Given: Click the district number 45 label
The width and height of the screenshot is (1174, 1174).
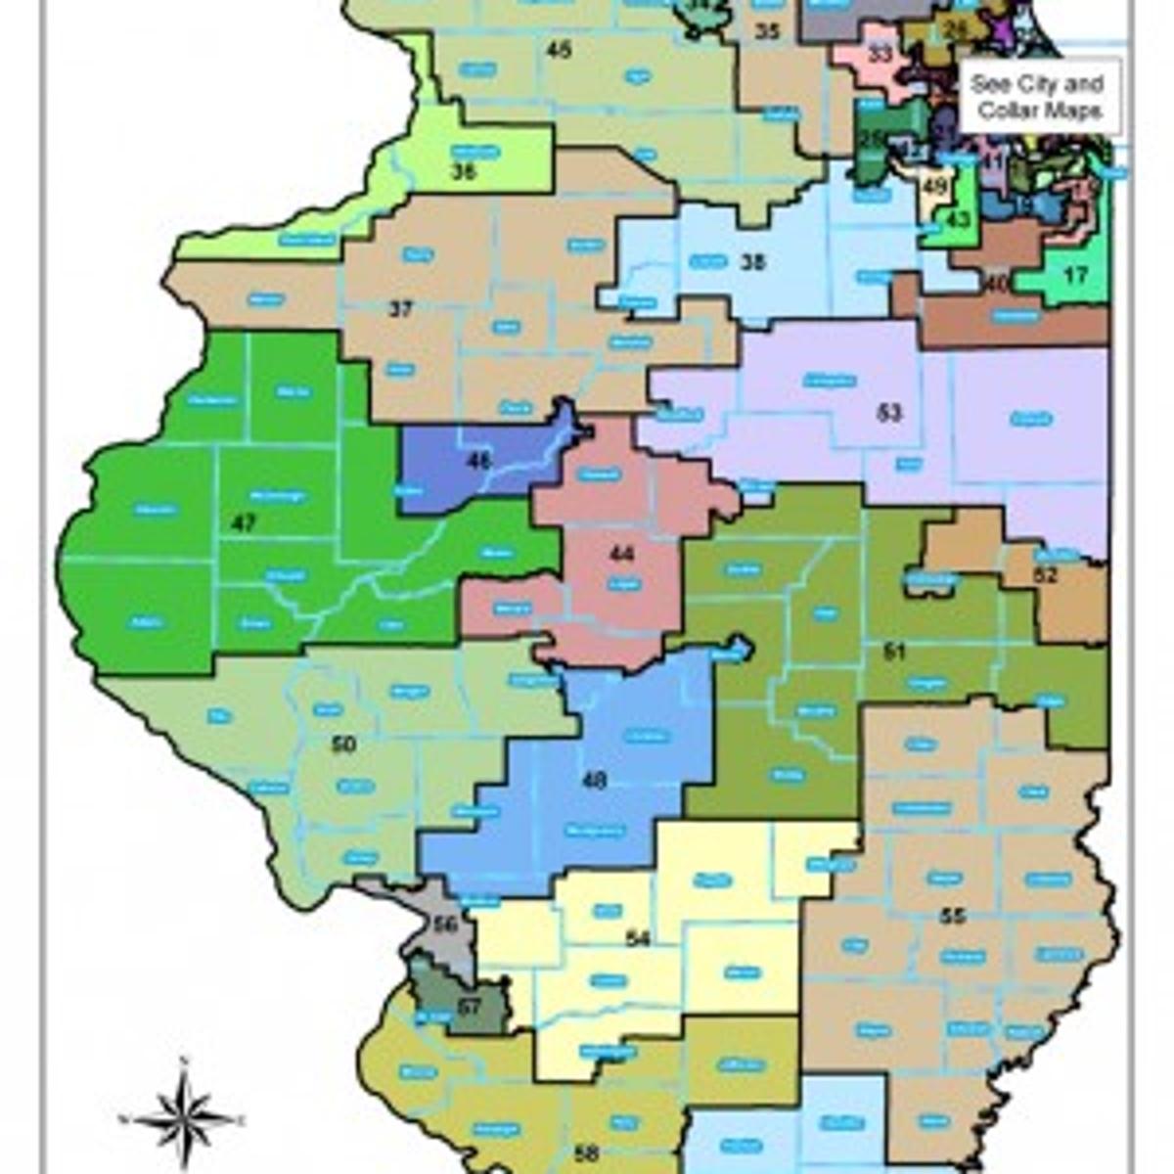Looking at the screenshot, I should point(559,50).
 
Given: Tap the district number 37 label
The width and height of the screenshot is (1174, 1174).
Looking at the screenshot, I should point(400,310).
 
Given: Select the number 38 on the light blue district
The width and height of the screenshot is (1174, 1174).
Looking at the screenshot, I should point(752,262).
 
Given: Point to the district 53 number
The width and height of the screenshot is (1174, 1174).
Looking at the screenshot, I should point(888,413).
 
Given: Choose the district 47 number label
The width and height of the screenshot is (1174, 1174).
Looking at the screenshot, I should point(243,524).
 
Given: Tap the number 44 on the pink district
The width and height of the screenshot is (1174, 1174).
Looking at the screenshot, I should point(621,555).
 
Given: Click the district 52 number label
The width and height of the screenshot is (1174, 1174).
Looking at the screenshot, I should point(1046,575).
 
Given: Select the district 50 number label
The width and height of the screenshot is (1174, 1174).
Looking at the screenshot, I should point(343,745).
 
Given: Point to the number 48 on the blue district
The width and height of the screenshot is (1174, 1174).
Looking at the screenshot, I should point(594,780).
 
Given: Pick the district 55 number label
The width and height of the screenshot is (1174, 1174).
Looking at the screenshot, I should point(952,916).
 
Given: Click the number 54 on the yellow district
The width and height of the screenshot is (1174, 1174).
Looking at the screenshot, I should point(638,939).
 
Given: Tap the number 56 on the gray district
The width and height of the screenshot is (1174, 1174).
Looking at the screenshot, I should point(445,925).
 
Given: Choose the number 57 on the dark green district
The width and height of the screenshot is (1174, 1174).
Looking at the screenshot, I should point(470,1006).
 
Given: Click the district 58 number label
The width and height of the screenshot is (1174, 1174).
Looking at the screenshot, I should point(586,1153).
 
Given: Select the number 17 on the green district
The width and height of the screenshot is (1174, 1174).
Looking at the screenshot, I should point(1075,277).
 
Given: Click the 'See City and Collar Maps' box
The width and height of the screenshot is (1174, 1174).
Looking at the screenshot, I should point(1039,97).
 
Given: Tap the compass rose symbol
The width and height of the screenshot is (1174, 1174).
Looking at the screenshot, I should point(183,1116).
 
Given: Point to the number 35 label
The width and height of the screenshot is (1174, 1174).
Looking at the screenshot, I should point(767,32).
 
